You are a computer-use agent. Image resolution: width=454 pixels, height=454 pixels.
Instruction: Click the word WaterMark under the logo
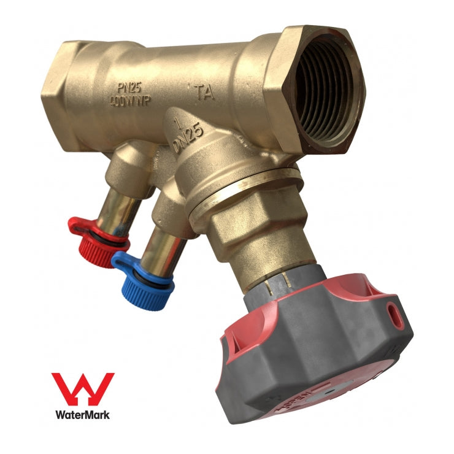[x=82, y=415]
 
